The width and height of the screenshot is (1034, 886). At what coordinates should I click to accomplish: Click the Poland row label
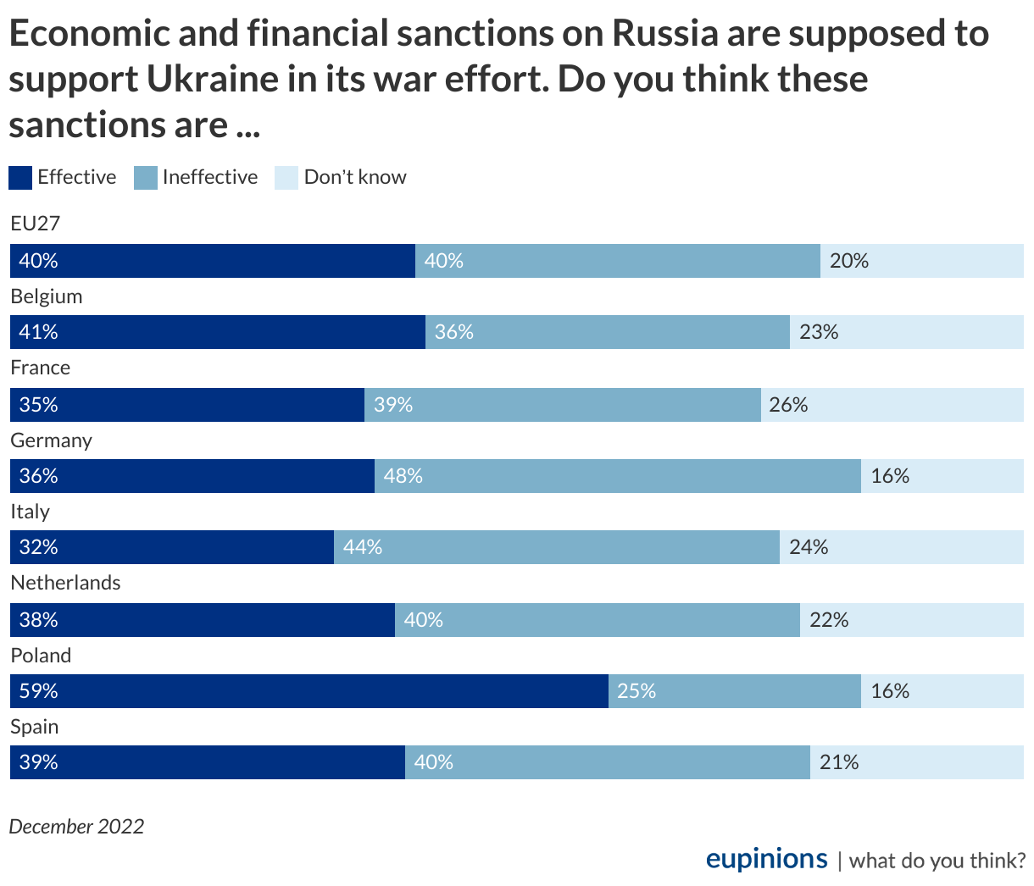(41, 656)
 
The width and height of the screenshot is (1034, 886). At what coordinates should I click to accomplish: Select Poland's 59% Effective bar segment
(309, 691)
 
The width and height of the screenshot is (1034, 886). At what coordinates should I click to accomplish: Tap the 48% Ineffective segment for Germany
(617, 476)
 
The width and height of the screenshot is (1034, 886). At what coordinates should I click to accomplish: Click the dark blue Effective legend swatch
(20, 178)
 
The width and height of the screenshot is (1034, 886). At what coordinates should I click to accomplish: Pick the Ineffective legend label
(210, 177)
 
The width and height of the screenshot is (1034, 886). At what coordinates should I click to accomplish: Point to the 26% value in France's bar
(788, 405)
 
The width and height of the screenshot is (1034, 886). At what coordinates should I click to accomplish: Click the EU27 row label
(36, 224)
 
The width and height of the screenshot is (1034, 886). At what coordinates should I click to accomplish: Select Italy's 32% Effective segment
(171, 547)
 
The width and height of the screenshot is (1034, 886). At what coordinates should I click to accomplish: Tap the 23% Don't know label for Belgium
(819, 332)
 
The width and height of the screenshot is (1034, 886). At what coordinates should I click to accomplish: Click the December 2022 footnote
(76, 827)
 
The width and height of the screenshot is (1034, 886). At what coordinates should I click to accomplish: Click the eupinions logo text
(766, 859)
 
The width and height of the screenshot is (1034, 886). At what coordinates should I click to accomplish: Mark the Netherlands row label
(65, 583)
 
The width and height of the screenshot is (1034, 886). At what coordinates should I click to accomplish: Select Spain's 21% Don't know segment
(916, 762)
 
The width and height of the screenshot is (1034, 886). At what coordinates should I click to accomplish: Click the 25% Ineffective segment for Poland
(734, 691)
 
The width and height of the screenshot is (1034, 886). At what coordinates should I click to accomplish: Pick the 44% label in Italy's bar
(363, 547)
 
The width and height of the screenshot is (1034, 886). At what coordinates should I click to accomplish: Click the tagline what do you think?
(937, 861)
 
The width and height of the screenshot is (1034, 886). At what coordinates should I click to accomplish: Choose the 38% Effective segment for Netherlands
(202, 620)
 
